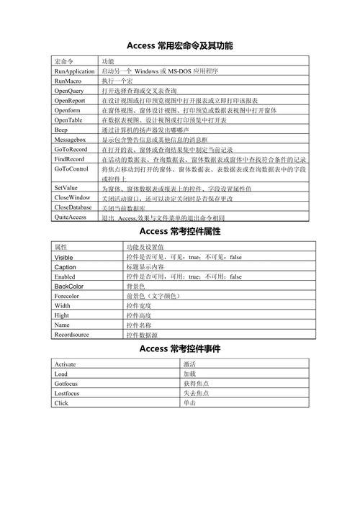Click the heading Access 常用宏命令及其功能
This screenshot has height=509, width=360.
pyautogui.click(x=179, y=45)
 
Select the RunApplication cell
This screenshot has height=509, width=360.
pyautogui.click(x=74, y=72)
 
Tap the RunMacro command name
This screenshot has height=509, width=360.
pyautogui.click(x=69, y=82)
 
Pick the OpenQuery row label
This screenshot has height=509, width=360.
pyautogui.click(x=71, y=91)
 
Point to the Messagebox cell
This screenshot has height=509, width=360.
pyautogui.click(x=70, y=140)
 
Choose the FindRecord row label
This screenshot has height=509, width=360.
pyautogui.click(x=69, y=158)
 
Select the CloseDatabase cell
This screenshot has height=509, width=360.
pyautogui.click(x=73, y=207)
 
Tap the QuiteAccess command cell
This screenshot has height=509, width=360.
pyautogui.click(x=71, y=217)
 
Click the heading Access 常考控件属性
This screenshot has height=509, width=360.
pyautogui.click(x=179, y=232)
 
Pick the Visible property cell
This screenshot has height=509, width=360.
pyautogui.click(x=64, y=256)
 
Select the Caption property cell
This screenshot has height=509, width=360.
pyautogui.click(x=65, y=266)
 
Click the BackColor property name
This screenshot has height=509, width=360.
pyautogui.click(x=68, y=286)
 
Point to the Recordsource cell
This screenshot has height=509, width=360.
pyautogui.click(x=71, y=335)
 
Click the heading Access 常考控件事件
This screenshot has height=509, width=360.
pyautogui.click(x=179, y=349)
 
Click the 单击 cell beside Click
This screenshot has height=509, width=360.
pyautogui.click(x=189, y=403)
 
